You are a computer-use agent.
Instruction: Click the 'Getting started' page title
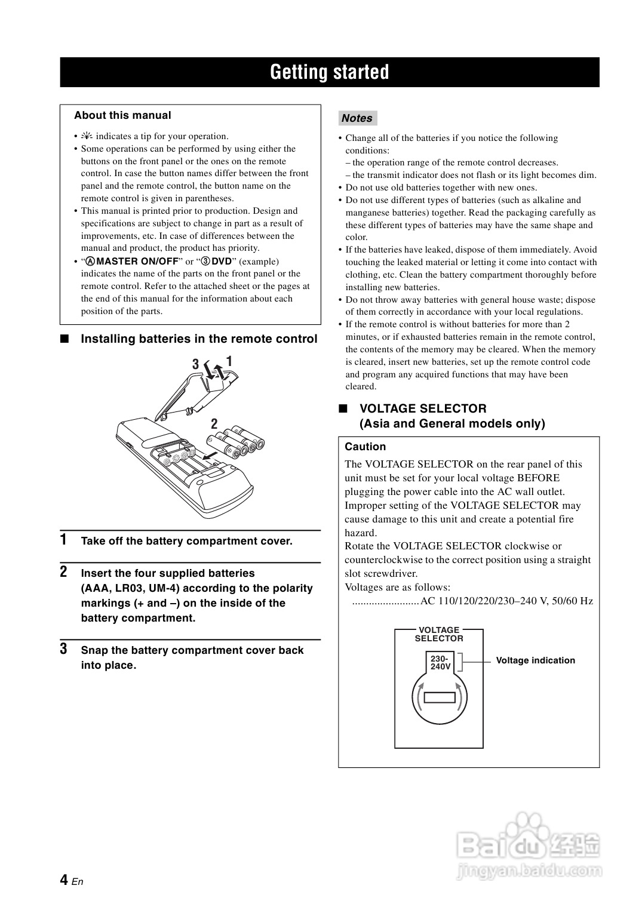[329, 72]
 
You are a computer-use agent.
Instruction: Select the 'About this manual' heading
[122, 115]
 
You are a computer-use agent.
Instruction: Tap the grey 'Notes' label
[357, 118]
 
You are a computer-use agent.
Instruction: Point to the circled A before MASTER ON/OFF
[91, 262]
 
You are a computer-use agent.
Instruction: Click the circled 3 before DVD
[205, 262]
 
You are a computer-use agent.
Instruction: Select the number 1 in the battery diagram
[229, 361]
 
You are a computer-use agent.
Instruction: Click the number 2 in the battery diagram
[214, 425]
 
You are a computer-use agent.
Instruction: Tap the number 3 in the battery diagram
[195, 364]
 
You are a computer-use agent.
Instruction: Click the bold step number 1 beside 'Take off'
[63, 540]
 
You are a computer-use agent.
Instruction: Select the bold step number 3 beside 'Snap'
[63, 649]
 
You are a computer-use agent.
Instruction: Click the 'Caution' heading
[365, 447]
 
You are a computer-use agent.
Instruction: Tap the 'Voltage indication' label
[535, 660]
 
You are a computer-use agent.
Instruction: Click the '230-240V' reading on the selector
[440, 662]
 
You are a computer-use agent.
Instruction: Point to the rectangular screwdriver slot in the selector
[440, 697]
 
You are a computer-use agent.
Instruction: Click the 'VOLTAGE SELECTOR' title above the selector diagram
[439, 634]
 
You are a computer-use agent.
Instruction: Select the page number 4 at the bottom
[63, 880]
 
